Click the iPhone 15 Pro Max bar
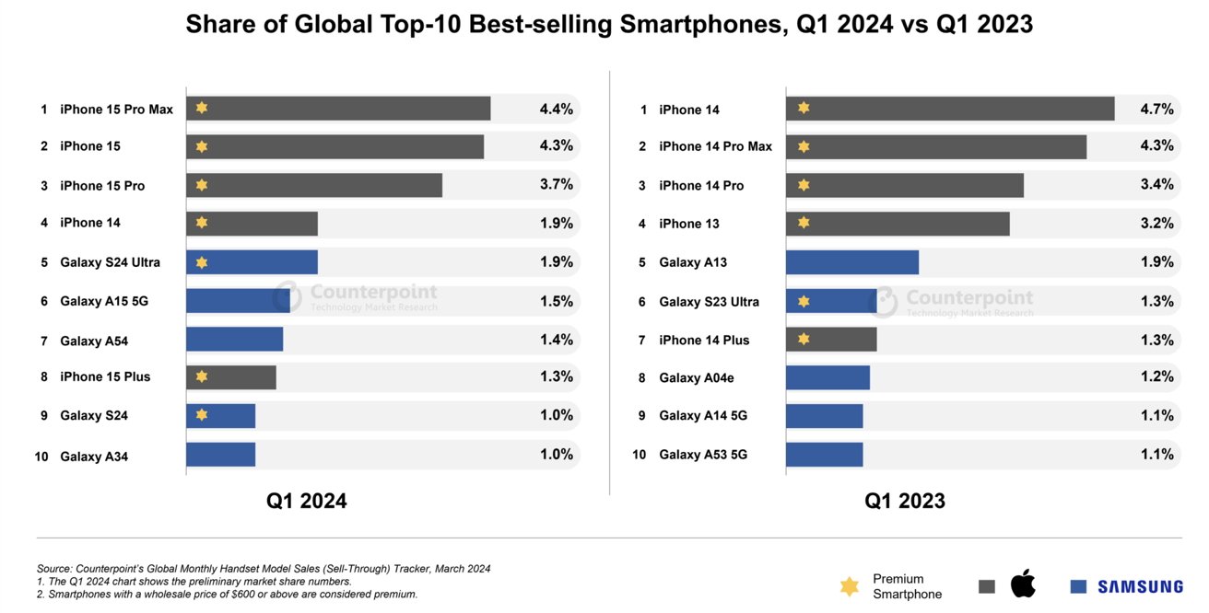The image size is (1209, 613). [x=338, y=109]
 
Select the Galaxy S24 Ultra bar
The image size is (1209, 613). [x=252, y=262]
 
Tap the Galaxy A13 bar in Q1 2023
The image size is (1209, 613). [x=851, y=262]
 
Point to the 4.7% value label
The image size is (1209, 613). [x=1156, y=109]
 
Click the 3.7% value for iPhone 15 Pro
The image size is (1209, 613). [x=556, y=185]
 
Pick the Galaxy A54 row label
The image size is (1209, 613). [x=94, y=341]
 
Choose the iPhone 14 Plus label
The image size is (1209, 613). [x=704, y=341]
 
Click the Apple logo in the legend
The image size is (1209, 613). [x=1023, y=584]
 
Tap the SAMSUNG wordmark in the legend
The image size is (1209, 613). [x=1140, y=586]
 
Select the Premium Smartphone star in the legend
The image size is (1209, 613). [x=850, y=586]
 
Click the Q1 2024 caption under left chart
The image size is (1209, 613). [x=307, y=502]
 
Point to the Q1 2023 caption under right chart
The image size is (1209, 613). [x=904, y=502]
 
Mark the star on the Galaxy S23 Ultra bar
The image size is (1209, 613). [x=804, y=301]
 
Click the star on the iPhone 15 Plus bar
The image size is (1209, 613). [x=202, y=376]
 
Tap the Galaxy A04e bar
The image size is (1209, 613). [x=828, y=377]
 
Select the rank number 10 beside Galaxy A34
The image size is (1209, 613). [x=41, y=456]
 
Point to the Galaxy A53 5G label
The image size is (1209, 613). [x=703, y=455]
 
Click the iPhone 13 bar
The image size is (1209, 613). [x=898, y=224]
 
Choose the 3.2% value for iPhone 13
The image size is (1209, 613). [x=1156, y=224]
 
